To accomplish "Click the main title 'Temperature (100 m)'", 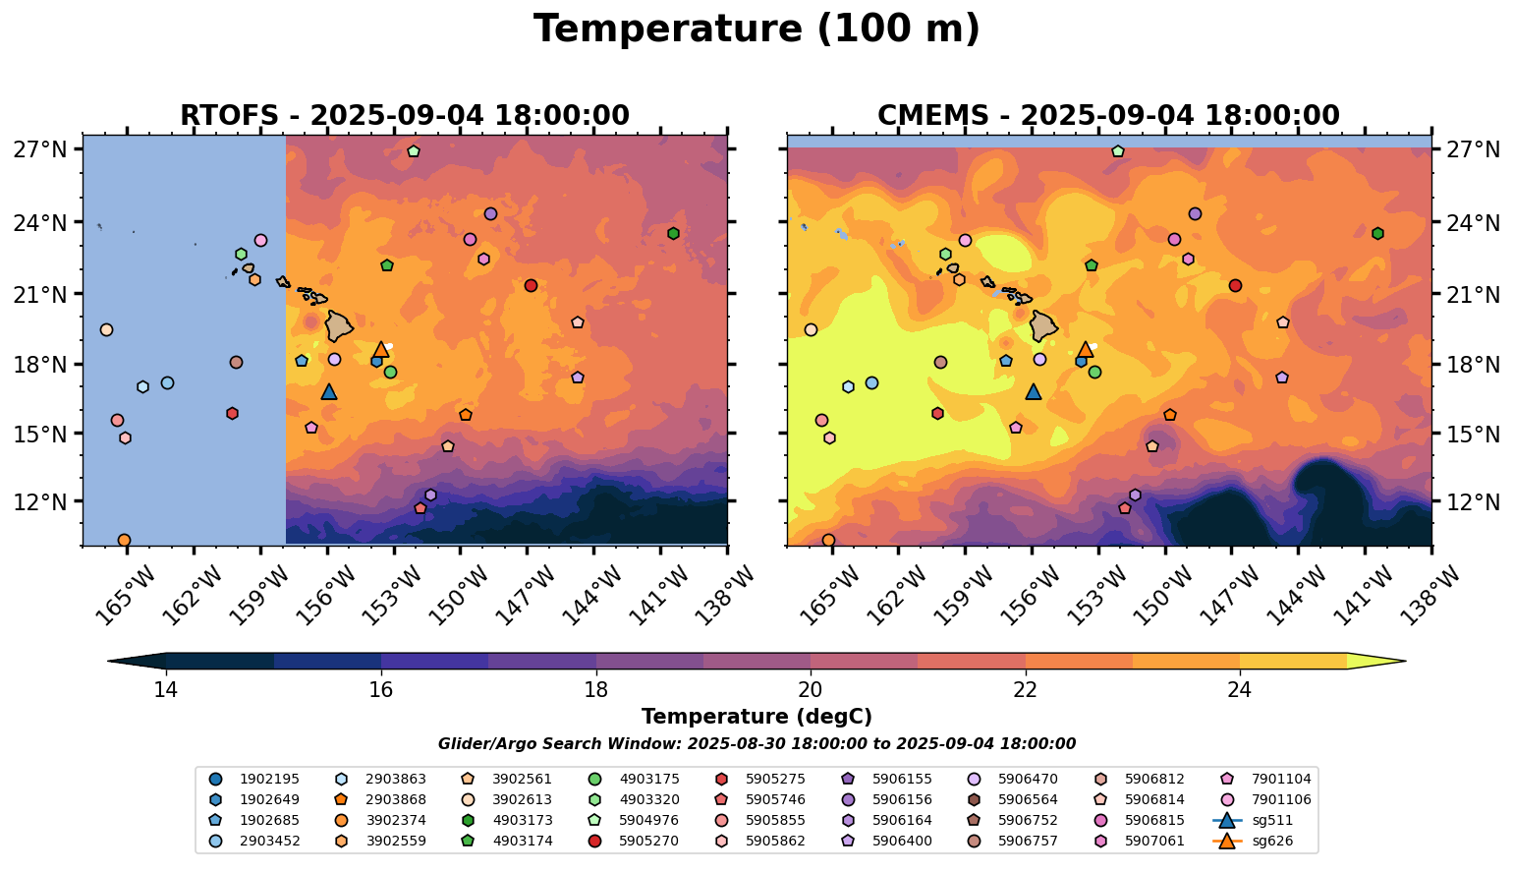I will [756, 29].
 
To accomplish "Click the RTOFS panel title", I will [404, 116].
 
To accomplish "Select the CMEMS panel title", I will [1108, 116].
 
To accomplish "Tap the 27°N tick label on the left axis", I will [40, 150].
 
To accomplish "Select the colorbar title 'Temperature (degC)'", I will [756, 717].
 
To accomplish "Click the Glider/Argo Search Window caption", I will [756, 744].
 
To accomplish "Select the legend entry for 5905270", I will [639, 841].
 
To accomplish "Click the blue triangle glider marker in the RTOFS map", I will [329, 392].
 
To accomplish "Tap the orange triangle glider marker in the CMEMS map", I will [1086, 350].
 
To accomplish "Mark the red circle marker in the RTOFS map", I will [531, 285].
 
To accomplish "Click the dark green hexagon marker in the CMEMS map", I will [1377, 233].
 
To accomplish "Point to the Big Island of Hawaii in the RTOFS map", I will [340, 325].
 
